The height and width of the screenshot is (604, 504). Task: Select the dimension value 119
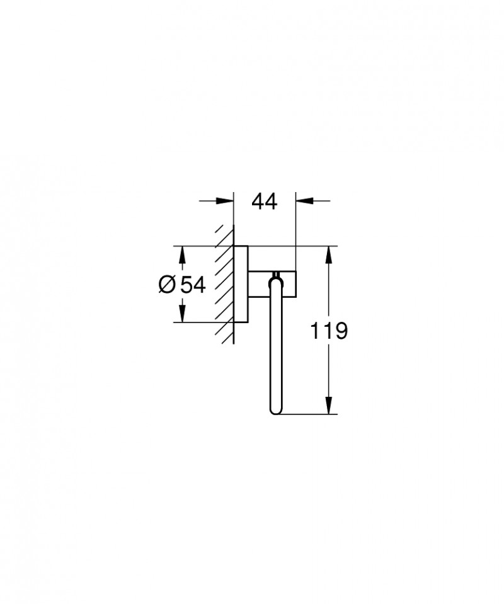pyautogui.click(x=328, y=331)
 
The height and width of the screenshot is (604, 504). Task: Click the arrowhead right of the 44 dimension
pyautogui.click(x=304, y=201)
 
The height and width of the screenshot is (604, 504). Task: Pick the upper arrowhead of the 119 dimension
pyautogui.click(x=328, y=254)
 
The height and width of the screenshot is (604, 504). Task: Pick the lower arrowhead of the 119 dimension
pyautogui.click(x=328, y=406)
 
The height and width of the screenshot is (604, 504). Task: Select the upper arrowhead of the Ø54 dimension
pyautogui.click(x=183, y=254)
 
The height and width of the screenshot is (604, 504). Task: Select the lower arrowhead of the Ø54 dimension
pyautogui.click(x=183, y=315)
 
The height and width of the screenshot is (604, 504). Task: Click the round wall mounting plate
pyautogui.click(x=240, y=283)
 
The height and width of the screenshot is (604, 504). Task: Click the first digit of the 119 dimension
pyautogui.click(x=315, y=331)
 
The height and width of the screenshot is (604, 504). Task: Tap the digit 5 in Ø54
pyautogui.click(x=186, y=285)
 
